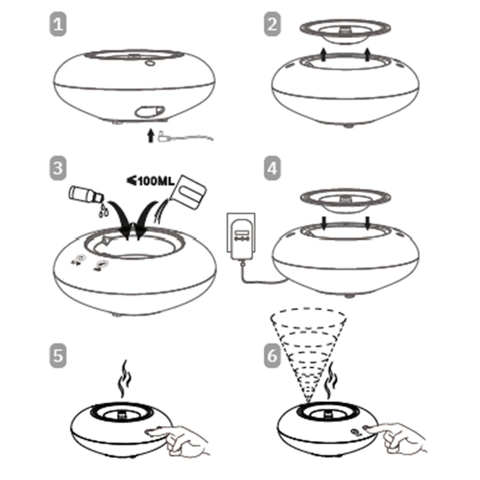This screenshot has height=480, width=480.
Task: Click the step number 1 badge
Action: click(x=57, y=25)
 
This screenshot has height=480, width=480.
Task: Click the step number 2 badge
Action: click(x=272, y=25)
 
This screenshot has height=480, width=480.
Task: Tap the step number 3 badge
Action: click(x=57, y=169)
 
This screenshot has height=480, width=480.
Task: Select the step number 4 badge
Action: click(x=272, y=169)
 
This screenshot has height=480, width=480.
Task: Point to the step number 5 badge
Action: click(x=57, y=356)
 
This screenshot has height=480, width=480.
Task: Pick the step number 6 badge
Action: click(x=272, y=356)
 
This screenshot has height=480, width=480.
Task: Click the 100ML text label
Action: click(x=151, y=181)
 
